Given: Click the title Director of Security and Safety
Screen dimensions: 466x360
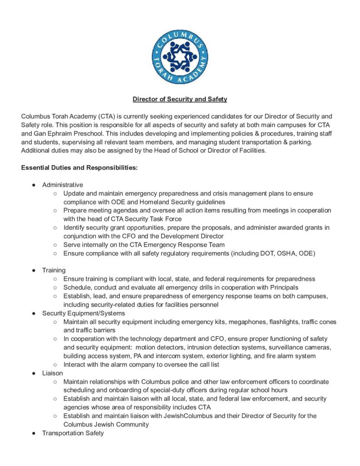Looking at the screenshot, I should click(x=180, y=99).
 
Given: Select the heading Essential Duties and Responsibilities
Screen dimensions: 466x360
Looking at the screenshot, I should click(x=80, y=168).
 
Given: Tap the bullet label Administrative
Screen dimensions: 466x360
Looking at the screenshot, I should click(x=63, y=185).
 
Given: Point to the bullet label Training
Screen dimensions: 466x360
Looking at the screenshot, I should click(x=54, y=270).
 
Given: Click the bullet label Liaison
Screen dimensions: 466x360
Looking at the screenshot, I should click(x=52, y=373).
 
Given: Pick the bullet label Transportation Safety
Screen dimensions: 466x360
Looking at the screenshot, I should click(x=73, y=433).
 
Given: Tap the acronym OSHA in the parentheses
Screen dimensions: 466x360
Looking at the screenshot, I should click(x=279, y=253).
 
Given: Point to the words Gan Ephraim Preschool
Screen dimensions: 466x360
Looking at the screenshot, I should click(x=68, y=133).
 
